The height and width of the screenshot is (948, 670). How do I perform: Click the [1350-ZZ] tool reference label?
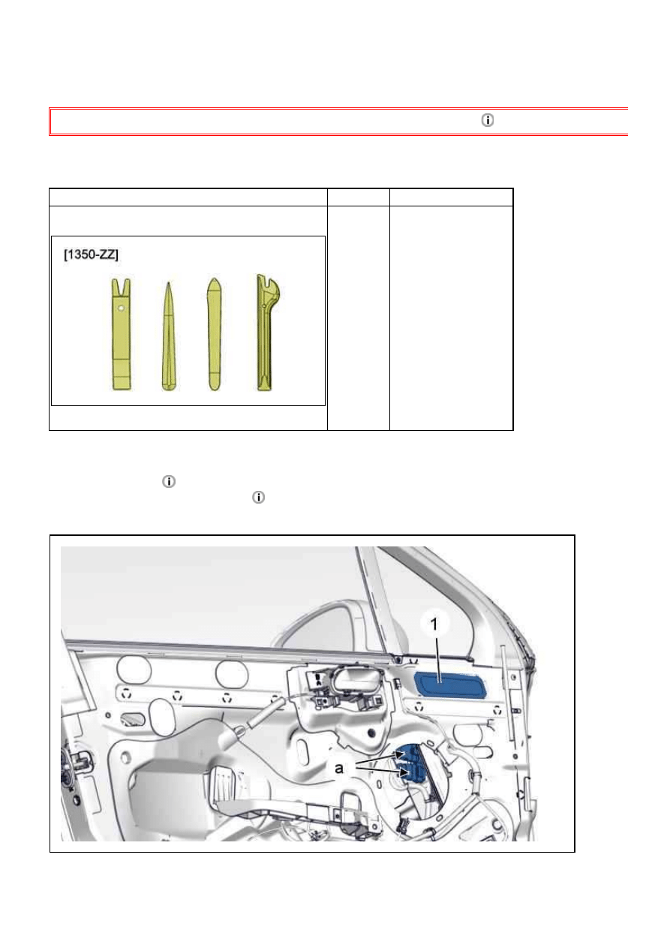pyautogui.click(x=91, y=254)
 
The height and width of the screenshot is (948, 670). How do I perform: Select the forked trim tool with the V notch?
pyautogui.click(x=122, y=334)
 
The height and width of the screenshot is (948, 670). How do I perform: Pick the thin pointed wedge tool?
pyautogui.click(x=169, y=336)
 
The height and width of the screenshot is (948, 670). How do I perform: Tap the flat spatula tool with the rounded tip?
pyautogui.click(x=215, y=334)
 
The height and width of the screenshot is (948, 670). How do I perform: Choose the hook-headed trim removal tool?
pyautogui.click(x=266, y=333)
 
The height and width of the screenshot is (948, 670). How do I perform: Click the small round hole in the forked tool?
pyautogui.click(x=121, y=308)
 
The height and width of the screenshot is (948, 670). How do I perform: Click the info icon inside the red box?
pyautogui.click(x=487, y=121)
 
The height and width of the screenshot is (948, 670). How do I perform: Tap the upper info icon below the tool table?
pyautogui.click(x=169, y=482)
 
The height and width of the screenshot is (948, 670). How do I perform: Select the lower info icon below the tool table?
pyautogui.click(x=258, y=498)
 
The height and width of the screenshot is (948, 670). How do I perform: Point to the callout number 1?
pyautogui.click(x=434, y=624)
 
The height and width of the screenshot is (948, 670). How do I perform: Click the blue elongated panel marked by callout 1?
pyautogui.click(x=451, y=684)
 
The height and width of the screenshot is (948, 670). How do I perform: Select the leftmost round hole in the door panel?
pyautogui.click(x=134, y=671)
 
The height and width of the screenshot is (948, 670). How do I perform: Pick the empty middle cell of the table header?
pyautogui.click(x=359, y=197)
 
